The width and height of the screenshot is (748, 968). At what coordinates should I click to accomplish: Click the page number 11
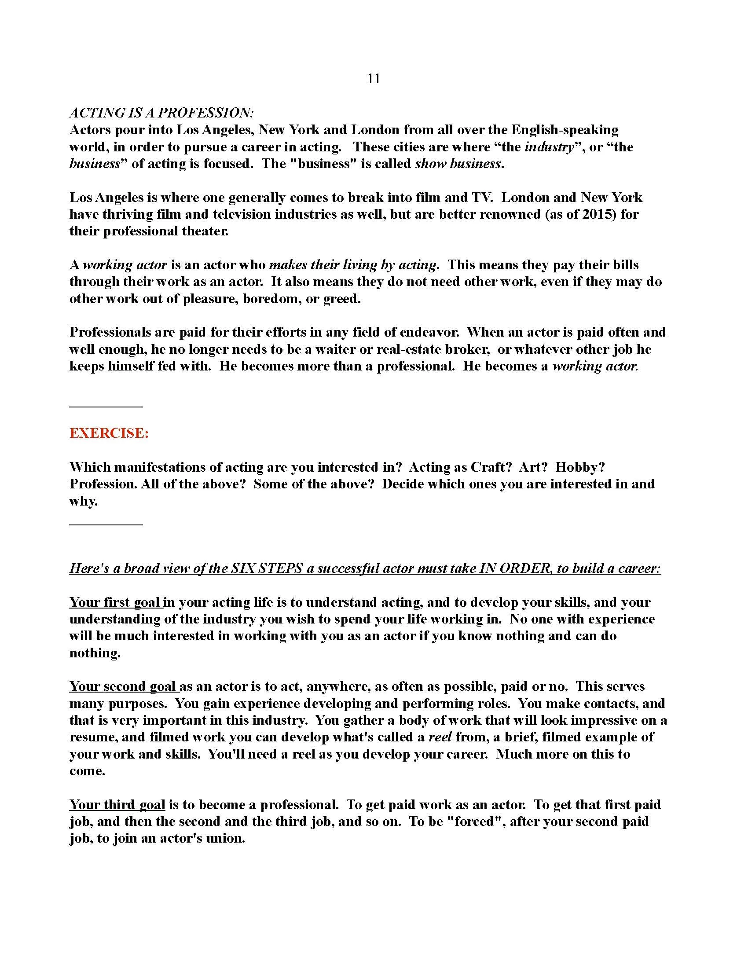(374, 79)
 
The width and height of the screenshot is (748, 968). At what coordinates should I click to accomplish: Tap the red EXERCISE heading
(109, 433)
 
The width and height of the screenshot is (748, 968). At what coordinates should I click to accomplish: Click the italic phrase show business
(458, 164)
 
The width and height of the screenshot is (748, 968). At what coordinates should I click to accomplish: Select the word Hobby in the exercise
(580, 467)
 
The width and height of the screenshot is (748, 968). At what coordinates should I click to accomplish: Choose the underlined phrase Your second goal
(123, 686)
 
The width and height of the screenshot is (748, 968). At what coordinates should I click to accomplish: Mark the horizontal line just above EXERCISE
(106, 406)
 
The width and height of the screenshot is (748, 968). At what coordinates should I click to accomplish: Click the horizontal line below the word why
(106, 525)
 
